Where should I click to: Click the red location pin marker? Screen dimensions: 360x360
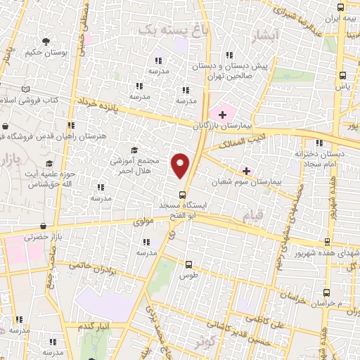click(181, 165)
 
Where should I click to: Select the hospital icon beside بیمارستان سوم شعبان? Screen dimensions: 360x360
click(246, 170)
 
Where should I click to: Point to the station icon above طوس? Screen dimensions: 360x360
click(188, 265)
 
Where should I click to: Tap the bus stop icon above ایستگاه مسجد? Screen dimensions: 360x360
click(182, 195)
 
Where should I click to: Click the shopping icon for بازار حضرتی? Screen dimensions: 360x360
click(44, 227)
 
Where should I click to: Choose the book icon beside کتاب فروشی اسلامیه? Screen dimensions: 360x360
click(26, 89)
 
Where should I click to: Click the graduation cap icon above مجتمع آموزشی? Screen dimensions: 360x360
click(134, 150)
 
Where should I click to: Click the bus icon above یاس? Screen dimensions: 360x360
click(342, 75)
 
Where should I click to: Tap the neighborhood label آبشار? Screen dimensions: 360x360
click(269, 34)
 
